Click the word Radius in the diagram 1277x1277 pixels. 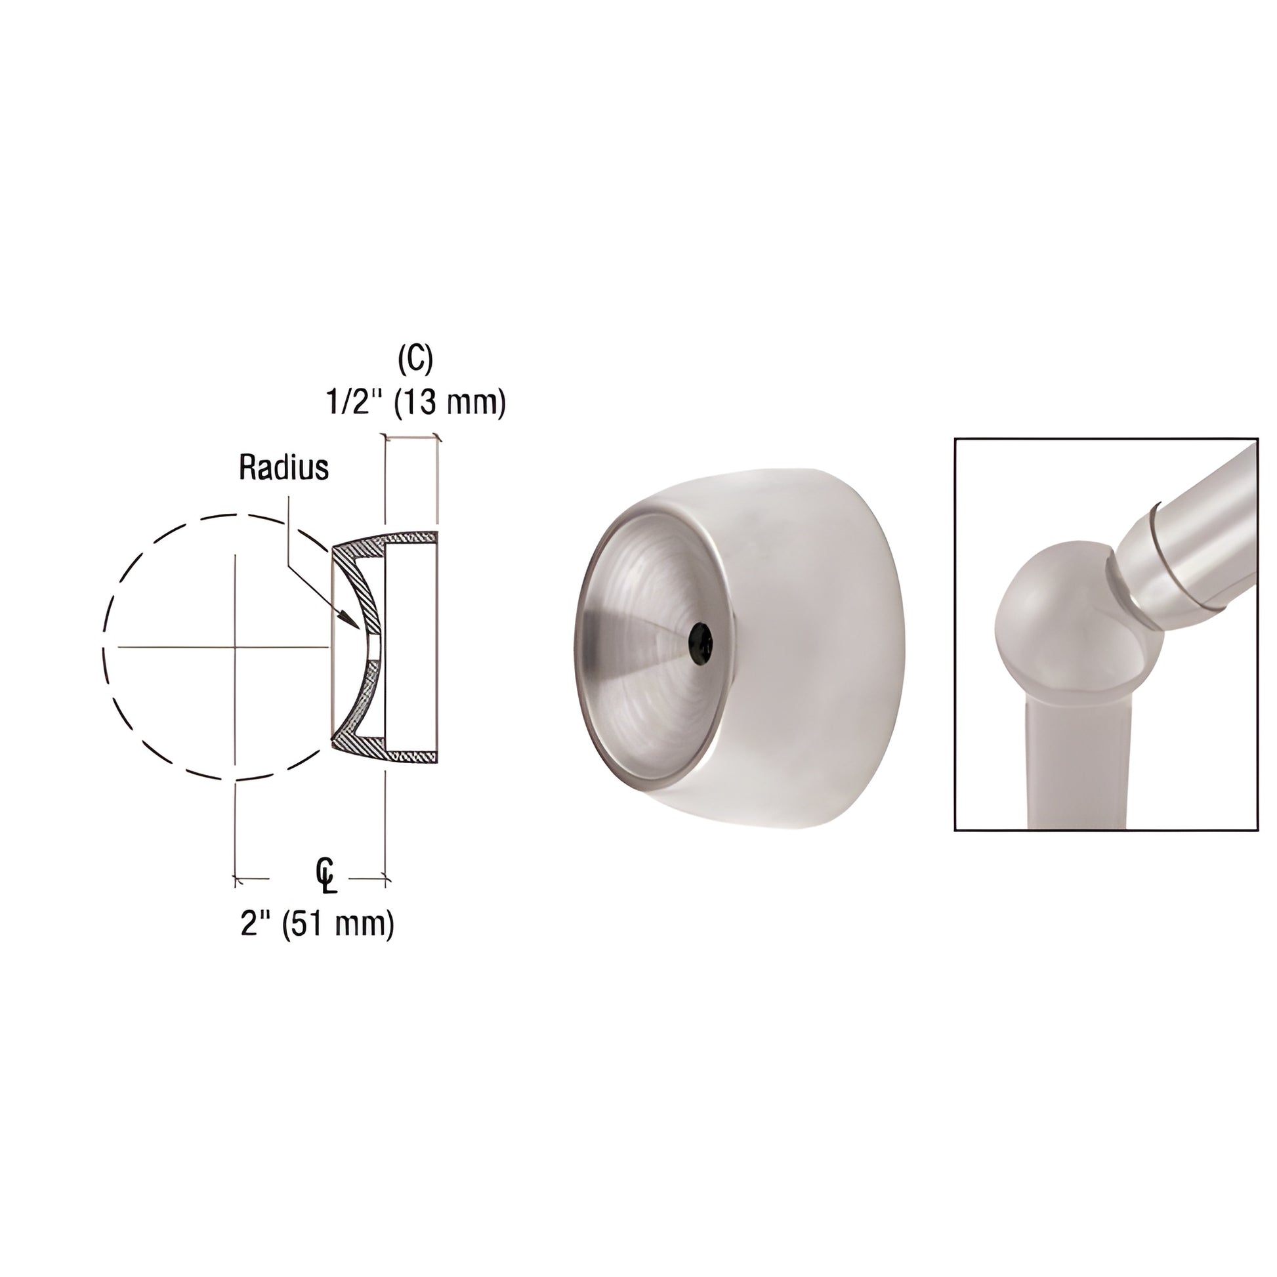click(283, 467)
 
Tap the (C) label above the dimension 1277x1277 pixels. click(415, 360)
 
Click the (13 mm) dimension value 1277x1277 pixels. click(450, 402)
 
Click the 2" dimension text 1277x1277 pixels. click(257, 923)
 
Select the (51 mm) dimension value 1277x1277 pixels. click(338, 924)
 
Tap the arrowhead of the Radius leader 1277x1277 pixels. click(350, 620)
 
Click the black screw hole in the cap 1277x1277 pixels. click(700, 640)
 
